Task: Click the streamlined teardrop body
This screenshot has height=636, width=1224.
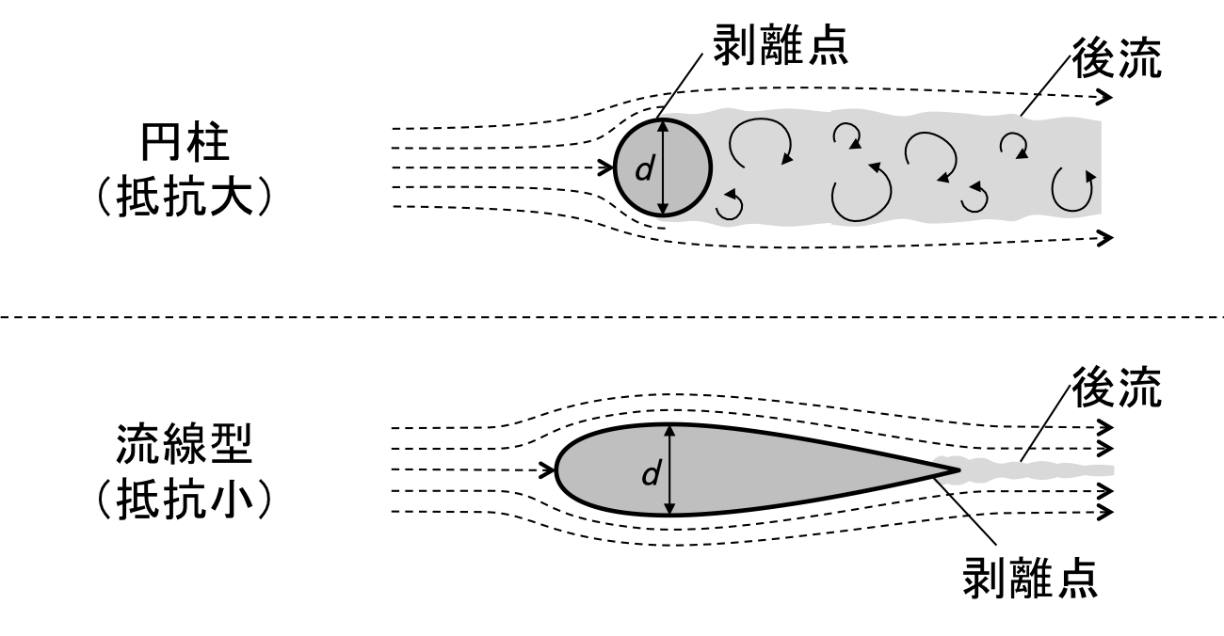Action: pos(753,470)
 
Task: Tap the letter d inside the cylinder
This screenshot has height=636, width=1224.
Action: pos(643,169)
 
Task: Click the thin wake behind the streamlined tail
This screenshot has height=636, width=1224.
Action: pos(1036,467)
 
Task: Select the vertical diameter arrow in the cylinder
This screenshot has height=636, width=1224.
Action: pos(663,167)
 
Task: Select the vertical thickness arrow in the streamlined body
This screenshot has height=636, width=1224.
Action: pos(670,470)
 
